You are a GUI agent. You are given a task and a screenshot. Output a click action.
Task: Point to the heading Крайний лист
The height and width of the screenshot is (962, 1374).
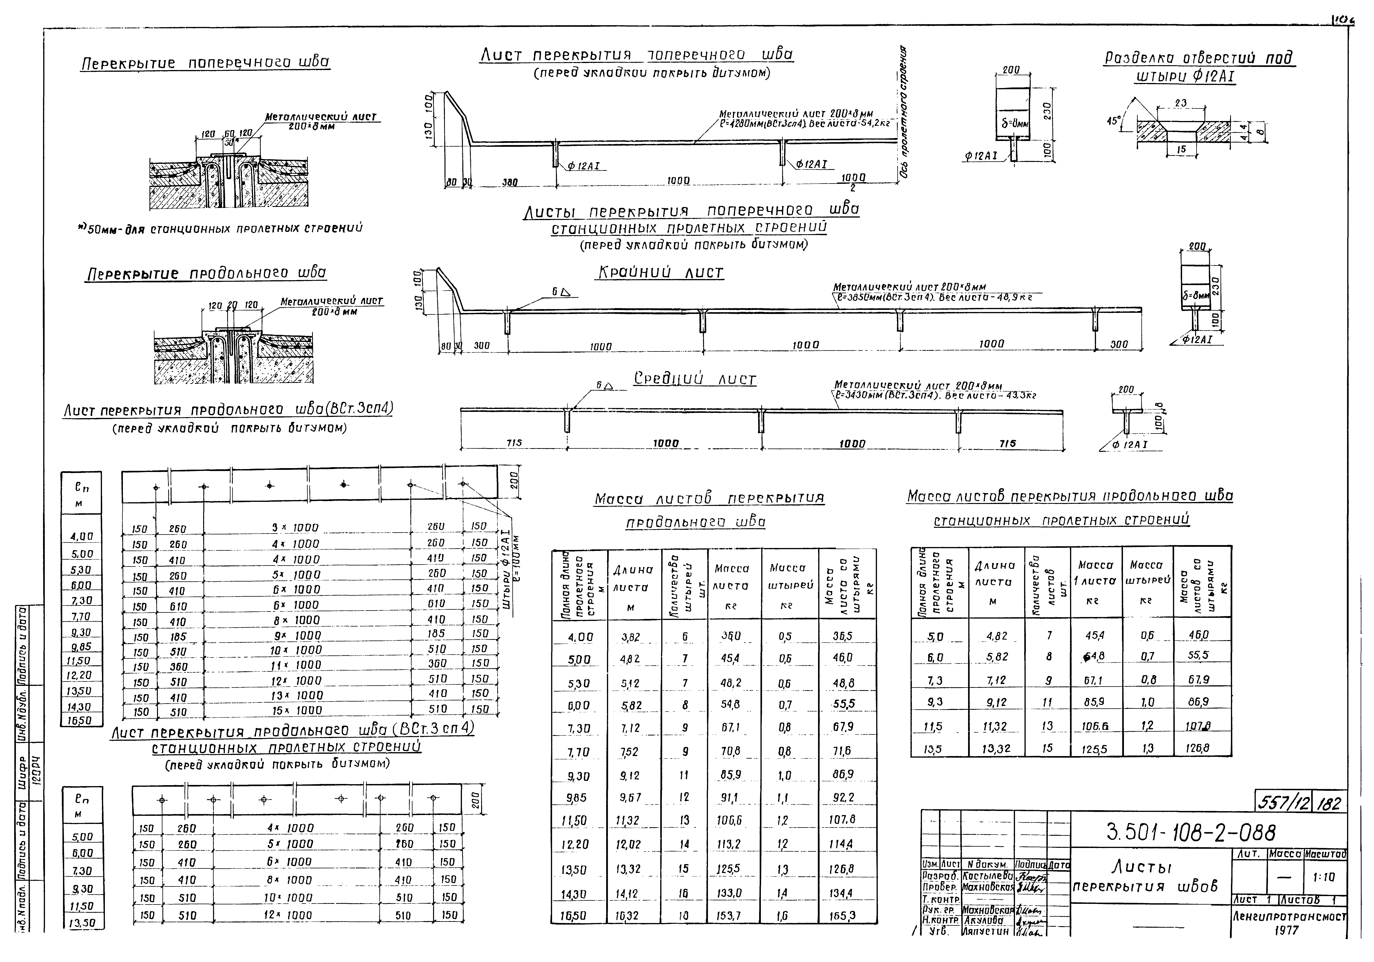(x=659, y=273)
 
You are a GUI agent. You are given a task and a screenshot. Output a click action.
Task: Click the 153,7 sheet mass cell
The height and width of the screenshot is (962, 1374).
(x=730, y=916)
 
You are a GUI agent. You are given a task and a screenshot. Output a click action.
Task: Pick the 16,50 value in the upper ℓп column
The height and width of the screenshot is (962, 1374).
(x=80, y=721)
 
